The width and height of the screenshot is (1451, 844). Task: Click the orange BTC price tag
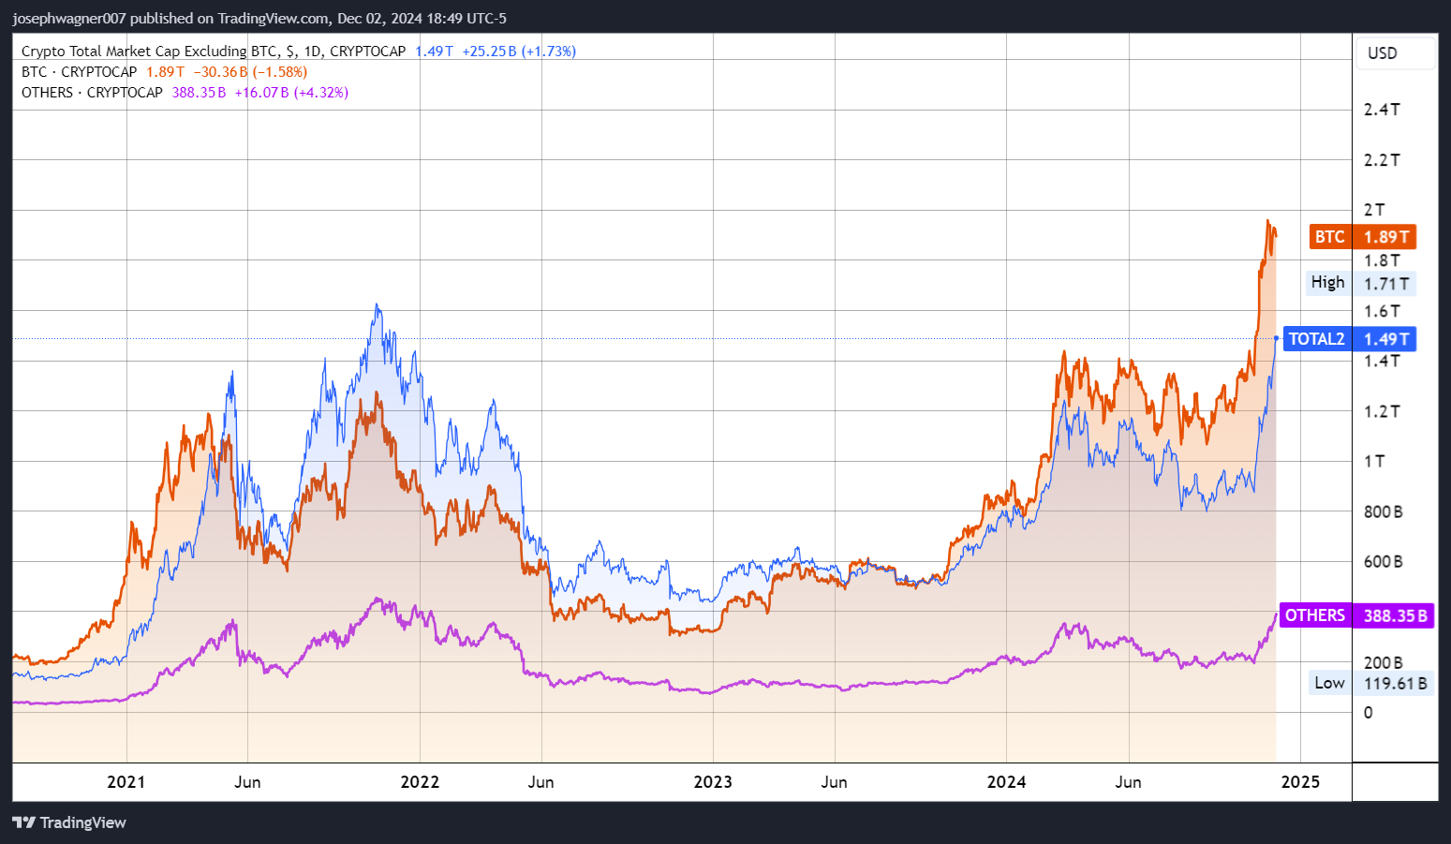tap(1362, 237)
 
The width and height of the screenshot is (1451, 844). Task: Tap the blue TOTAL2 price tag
tap(1349, 339)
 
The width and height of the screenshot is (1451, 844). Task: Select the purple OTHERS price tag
tap(1355, 615)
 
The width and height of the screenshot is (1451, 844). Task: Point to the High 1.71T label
tap(1361, 283)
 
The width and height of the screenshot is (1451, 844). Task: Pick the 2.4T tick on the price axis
tap(1382, 110)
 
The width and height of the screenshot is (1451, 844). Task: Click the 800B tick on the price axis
tap(1383, 511)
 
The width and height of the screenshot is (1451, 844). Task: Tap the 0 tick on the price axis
tap(1369, 713)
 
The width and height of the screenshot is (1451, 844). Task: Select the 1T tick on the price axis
tap(1374, 461)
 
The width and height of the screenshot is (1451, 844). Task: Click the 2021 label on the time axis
tap(126, 782)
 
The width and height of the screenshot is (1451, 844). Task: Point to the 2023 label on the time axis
tap(713, 782)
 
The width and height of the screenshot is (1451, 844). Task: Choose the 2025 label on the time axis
tap(1300, 782)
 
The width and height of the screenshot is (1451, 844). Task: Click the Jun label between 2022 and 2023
tap(540, 782)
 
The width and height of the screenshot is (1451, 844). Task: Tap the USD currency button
tap(1383, 53)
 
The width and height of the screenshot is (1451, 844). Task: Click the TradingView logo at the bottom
tap(69, 822)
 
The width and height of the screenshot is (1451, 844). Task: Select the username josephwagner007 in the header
tap(69, 19)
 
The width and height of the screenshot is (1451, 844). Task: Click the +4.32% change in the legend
tap(321, 93)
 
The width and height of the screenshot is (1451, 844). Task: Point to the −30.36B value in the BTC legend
tap(220, 72)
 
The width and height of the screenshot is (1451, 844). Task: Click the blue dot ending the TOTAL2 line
tap(1276, 338)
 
